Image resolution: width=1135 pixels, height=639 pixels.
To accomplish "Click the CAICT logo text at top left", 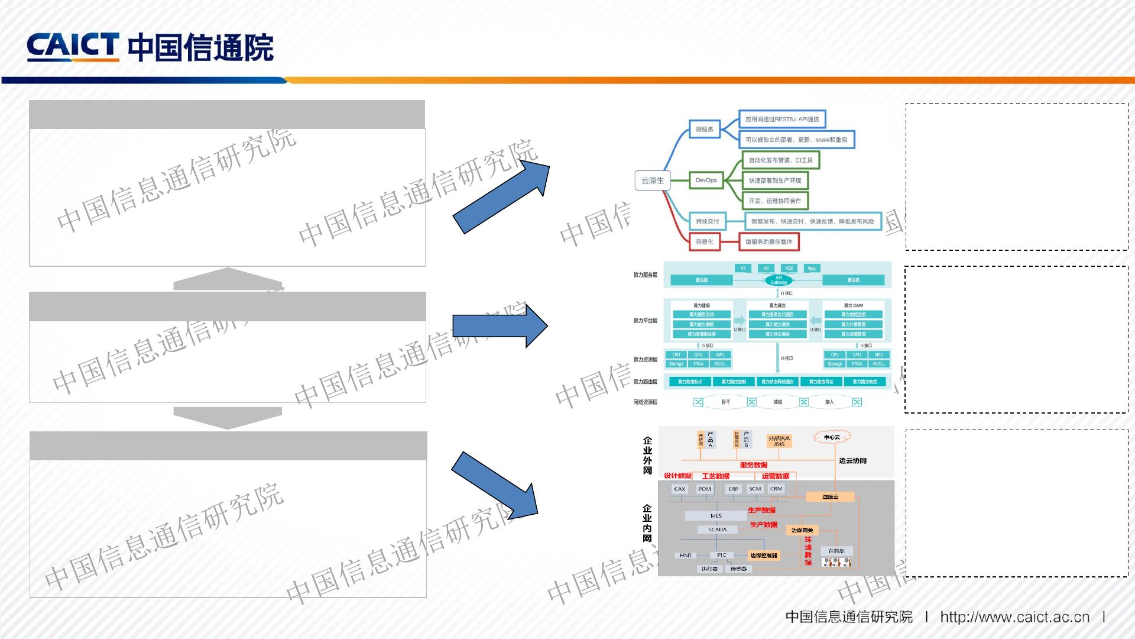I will [x=72, y=47].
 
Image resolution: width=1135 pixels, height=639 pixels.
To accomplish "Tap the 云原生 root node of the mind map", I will [x=653, y=180].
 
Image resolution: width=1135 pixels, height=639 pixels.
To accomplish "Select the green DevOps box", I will [x=706, y=180].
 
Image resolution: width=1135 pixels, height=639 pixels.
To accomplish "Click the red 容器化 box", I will [x=705, y=241].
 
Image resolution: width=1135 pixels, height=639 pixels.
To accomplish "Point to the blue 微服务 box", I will [x=704, y=129].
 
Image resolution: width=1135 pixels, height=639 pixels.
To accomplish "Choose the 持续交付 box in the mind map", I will [x=707, y=221].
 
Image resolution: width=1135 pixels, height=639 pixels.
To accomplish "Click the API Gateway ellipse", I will [x=779, y=280].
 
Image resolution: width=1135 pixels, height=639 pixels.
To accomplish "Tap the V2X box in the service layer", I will [x=789, y=268].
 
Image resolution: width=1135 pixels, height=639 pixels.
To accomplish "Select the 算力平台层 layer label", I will [x=645, y=321].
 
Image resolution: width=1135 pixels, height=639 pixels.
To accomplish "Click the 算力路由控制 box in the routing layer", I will [x=734, y=382].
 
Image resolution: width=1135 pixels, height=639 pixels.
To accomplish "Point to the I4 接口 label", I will [x=787, y=358].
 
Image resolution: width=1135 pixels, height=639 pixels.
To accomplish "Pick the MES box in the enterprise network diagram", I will [x=716, y=516].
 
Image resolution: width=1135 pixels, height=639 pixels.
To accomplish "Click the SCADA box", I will [x=717, y=530].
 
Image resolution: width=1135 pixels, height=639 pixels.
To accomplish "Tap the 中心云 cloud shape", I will [x=832, y=437].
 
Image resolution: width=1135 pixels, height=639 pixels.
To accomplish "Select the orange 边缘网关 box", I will [x=802, y=530].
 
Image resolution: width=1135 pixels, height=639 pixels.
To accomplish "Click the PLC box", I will [x=722, y=555].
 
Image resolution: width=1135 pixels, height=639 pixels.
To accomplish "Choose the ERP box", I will [x=733, y=489].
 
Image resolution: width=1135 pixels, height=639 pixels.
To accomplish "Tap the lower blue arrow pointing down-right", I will [x=495, y=485].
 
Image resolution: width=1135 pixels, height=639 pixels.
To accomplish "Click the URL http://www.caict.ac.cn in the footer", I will [x=1014, y=617].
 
